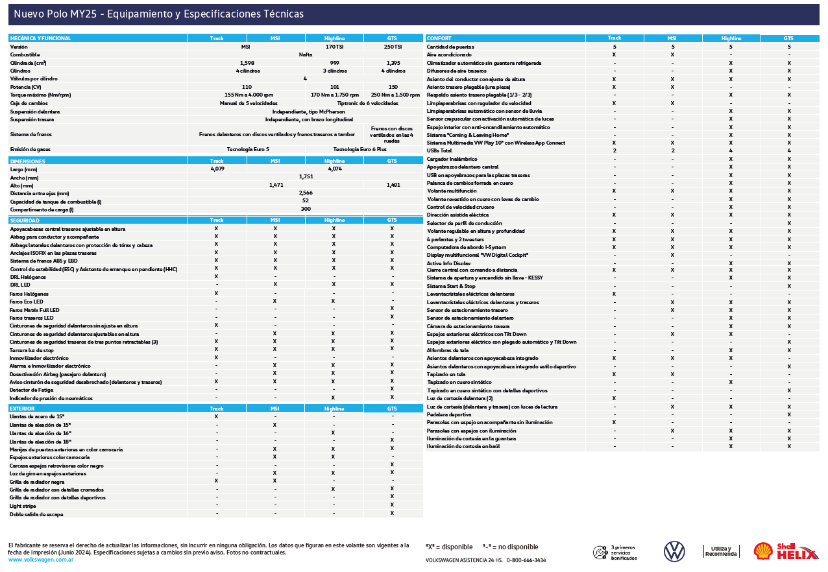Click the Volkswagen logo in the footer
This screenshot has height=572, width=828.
tap(674, 551)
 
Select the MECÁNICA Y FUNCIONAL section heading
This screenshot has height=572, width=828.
tap(40, 38)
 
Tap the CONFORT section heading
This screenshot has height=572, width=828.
tap(439, 38)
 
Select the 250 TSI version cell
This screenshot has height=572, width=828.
tap(392, 47)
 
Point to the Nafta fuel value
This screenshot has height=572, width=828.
tap(305, 55)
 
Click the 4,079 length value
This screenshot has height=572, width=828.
tap(217, 169)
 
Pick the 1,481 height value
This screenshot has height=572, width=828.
tap(392, 185)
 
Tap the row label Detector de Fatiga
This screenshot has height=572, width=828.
tap(32, 390)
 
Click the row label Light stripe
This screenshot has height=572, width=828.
tap(23, 506)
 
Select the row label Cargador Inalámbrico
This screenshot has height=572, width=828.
tap(452, 159)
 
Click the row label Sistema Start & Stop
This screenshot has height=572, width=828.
tap(451, 286)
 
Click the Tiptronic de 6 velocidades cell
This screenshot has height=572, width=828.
tap(363, 103)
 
